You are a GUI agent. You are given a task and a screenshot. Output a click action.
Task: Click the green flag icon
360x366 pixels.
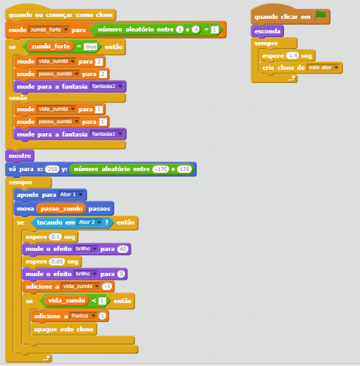[x=320, y=15]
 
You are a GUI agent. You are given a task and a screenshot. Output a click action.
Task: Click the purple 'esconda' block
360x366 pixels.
[x=267, y=31]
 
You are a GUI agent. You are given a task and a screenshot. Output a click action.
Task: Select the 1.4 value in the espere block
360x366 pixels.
[x=292, y=55]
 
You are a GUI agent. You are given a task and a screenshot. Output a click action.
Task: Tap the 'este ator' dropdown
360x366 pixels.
[x=323, y=68]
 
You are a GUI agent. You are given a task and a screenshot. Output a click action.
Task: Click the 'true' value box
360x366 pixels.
[x=90, y=47]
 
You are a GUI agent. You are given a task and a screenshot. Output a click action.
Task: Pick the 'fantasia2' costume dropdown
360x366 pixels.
[x=107, y=86]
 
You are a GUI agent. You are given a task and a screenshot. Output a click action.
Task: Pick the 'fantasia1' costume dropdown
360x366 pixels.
[x=107, y=134]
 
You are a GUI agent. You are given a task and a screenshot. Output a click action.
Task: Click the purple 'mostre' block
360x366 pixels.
[x=20, y=156]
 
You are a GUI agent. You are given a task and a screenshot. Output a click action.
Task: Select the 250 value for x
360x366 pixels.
[x=52, y=169]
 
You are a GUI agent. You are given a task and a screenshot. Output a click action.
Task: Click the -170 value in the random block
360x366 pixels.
[x=161, y=169]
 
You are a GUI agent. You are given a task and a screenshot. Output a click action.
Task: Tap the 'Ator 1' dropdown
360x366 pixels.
[x=71, y=195]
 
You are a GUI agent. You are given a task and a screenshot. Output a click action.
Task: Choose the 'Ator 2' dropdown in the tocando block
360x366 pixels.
[x=90, y=222]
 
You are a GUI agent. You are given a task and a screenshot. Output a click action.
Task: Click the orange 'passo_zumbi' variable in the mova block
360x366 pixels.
[x=62, y=208]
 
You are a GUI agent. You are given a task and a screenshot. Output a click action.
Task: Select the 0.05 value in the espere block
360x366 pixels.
[x=57, y=262]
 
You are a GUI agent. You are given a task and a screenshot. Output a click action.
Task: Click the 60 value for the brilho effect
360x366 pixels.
[x=123, y=249]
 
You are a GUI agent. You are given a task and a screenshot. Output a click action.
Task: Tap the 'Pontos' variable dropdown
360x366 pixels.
[x=83, y=316]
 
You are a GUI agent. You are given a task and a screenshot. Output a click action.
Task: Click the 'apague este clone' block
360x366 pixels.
[x=63, y=329]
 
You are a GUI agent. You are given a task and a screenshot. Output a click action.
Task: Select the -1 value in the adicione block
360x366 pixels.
[x=107, y=286]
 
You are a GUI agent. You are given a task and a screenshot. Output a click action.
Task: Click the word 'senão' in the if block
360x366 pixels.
[x=18, y=98]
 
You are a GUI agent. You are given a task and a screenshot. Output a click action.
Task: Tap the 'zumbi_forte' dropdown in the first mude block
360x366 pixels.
[x=49, y=30]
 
